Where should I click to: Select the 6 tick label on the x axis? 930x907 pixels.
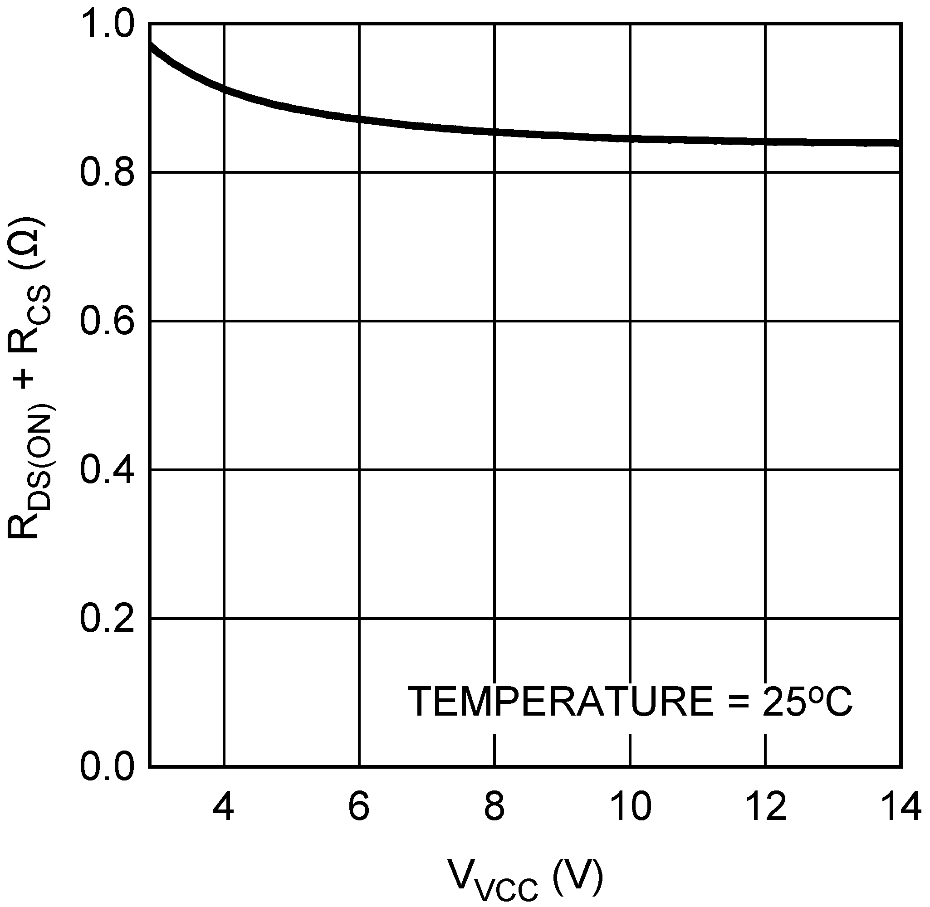point(359,807)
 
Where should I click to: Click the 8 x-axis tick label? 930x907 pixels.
point(494,807)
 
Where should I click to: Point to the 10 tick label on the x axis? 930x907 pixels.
point(630,807)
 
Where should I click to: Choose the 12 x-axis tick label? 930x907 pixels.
point(766,807)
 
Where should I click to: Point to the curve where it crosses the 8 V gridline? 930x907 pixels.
point(494,132)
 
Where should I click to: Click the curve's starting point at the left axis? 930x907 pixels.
point(151,45)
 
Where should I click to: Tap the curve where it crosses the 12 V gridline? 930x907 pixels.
point(766,141)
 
